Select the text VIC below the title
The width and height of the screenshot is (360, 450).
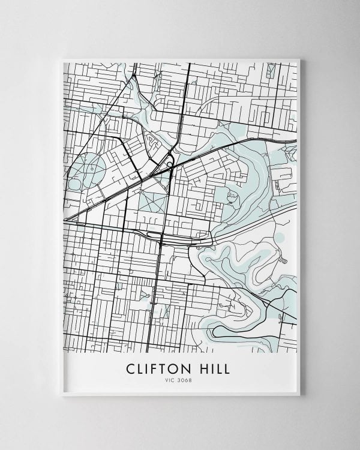(171, 379)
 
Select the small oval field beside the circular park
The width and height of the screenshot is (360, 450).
(74, 184)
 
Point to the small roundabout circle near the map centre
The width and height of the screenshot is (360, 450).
(170, 164)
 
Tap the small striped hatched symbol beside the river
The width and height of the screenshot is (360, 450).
(282, 260)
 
